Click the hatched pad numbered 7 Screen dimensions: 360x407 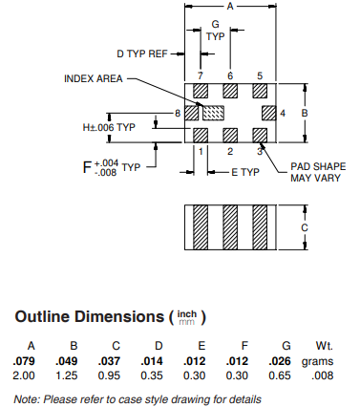(x=201, y=91)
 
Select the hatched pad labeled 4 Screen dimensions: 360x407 (x=269, y=113)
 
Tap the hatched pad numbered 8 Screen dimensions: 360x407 (x=192, y=113)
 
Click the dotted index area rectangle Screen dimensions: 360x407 (x=214, y=113)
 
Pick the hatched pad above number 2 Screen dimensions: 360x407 (x=230, y=136)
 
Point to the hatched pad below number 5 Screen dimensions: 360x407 (x=260, y=91)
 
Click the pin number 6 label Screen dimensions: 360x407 (x=230, y=75)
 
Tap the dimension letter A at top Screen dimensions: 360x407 (x=230, y=6)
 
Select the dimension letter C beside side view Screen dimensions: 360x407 (x=305, y=227)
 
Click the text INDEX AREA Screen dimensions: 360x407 (x=94, y=78)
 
